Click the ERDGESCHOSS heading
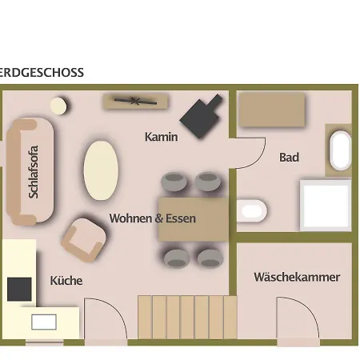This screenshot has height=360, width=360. [42, 73]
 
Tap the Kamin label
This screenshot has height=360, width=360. [162, 137]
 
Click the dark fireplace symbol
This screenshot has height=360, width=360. [201, 116]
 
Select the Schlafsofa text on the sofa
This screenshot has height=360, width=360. [34, 172]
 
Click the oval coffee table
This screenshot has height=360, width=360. [101, 170]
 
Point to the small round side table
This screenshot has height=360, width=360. [58, 106]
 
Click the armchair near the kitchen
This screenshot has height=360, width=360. [84, 239]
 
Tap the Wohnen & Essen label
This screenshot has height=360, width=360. [153, 218]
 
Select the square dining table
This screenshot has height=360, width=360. [194, 219]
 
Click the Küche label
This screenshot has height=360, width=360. [66, 281]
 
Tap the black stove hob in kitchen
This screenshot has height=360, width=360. [19, 289]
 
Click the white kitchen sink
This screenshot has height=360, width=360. [44, 322]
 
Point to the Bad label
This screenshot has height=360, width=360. [289, 158]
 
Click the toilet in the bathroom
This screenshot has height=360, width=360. [252, 210]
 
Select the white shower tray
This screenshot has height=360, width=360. [326, 205]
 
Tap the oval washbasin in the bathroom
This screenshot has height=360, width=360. [341, 150]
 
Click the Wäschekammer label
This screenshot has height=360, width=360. [297, 277]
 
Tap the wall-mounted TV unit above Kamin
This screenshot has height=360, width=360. [136, 101]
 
